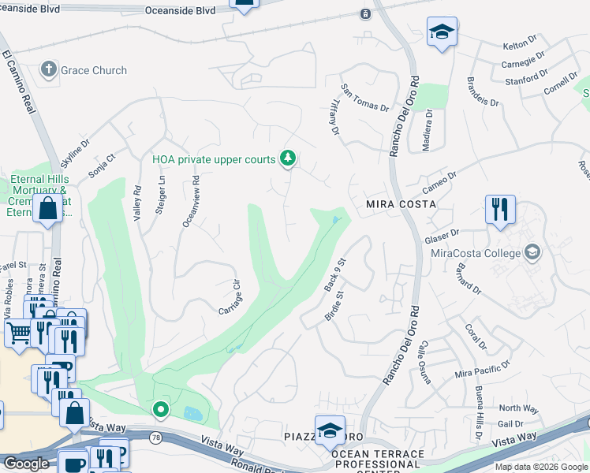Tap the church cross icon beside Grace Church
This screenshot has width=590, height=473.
48,69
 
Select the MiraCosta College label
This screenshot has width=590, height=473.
476,252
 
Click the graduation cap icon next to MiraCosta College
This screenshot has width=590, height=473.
532,251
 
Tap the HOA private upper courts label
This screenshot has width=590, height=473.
214,159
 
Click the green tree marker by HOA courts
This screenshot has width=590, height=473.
289,159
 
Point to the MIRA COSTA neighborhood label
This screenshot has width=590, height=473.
401,204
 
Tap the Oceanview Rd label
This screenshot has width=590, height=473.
192,202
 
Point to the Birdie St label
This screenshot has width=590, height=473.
334,306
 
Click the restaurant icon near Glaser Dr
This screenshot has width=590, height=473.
500,210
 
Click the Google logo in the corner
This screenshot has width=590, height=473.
25,464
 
